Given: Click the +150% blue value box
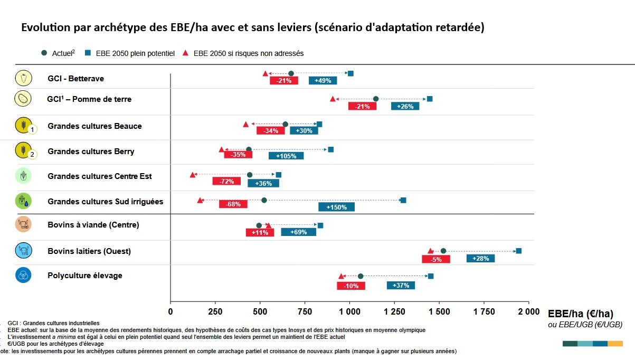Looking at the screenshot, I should (336, 207).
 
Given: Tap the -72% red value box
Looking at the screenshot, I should (226, 182).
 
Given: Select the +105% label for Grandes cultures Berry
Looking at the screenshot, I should (286, 156).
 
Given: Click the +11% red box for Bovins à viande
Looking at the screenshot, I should (260, 232).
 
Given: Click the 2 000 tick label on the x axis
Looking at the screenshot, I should (528, 311).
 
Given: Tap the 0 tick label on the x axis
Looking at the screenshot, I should (170, 311).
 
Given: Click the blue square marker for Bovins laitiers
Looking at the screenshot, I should (518, 251).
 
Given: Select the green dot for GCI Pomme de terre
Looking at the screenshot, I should (376, 99).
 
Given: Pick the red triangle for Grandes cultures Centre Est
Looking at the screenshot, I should (193, 174).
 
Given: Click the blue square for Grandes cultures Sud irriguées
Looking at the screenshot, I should (403, 200).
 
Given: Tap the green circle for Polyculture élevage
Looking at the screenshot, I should (361, 276).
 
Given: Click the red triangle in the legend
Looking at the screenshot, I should (186, 53).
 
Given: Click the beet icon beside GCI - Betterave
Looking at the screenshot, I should (23, 78).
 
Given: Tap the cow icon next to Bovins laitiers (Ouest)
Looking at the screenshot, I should (23, 251).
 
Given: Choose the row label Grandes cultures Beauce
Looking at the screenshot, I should (94, 126).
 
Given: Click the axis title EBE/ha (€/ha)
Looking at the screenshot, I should (581, 313).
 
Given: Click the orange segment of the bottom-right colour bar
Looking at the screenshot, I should (615, 344).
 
